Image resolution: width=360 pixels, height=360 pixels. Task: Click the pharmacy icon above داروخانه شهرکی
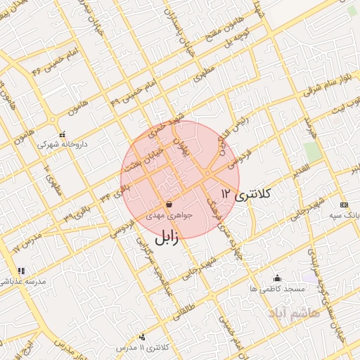pyautogui.click(x=62, y=134)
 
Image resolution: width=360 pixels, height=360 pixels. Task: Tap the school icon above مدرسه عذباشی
pyautogui.click(x=21, y=270)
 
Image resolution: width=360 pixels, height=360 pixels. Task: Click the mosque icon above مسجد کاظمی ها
pyautogui.click(x=277, y=278)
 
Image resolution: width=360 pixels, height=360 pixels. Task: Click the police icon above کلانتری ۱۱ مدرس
pyautogui.click(x=143, y=337)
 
